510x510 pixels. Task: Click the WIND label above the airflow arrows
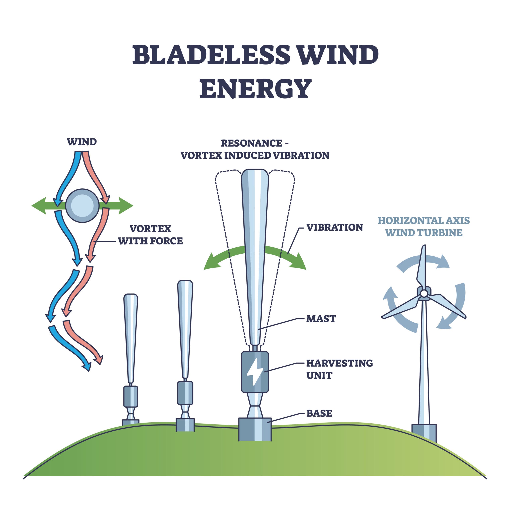[82, 142]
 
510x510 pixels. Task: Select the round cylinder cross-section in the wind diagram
[82, 206]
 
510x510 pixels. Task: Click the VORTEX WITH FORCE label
[150, 235]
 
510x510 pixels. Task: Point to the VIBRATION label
[334, 228]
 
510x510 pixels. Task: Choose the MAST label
[321, 319]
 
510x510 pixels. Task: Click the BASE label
[319, 413]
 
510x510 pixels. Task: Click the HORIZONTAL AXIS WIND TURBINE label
[424, 227]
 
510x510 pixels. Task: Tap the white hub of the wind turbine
[424, 293]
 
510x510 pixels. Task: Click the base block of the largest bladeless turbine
[255, 429]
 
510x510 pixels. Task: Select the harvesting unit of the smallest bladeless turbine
[131, 396]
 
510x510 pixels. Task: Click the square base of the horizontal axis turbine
[424, 433]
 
